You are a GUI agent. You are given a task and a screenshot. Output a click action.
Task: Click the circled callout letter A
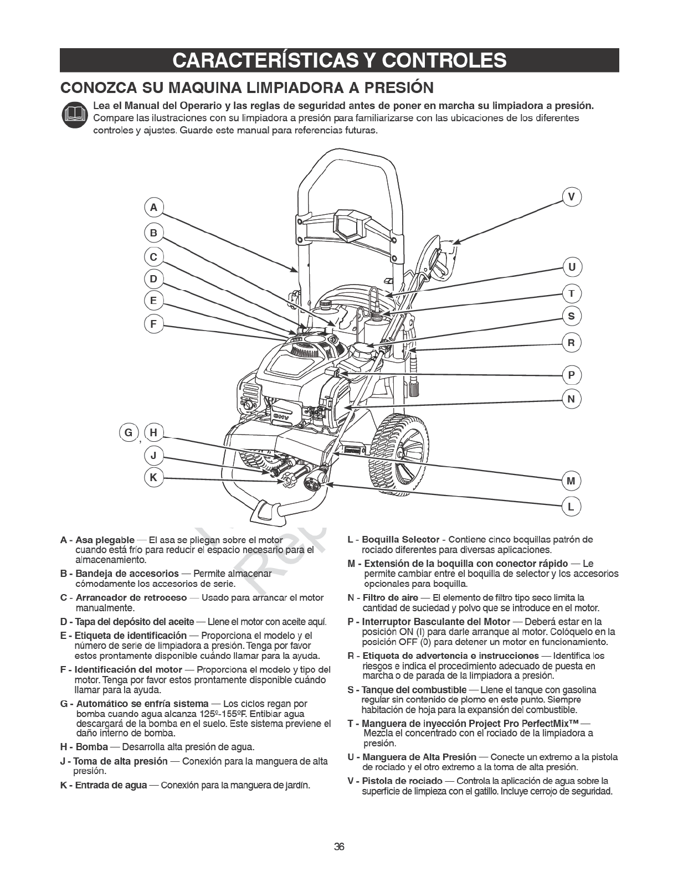pos(154,208)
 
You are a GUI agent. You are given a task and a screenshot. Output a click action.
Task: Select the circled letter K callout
pos(153,477)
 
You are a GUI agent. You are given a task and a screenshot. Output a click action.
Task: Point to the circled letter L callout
pos(572,506)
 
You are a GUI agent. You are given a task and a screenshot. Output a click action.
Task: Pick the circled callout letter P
pos(572,375)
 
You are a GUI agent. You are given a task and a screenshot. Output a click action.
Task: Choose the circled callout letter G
pos(129,432)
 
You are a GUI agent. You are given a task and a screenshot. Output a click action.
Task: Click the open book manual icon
pos(75,115)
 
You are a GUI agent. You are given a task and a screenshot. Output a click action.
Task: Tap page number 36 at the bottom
pos(339,847)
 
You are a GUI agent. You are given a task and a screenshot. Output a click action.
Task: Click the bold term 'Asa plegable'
pos(105,540)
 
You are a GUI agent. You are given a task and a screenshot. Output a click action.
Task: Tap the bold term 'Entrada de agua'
pos(111,785)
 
